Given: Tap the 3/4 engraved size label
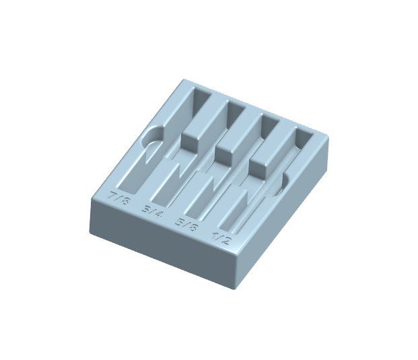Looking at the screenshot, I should [x=153, y=213].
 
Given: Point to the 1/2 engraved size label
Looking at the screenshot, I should [x=221, y=238].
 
